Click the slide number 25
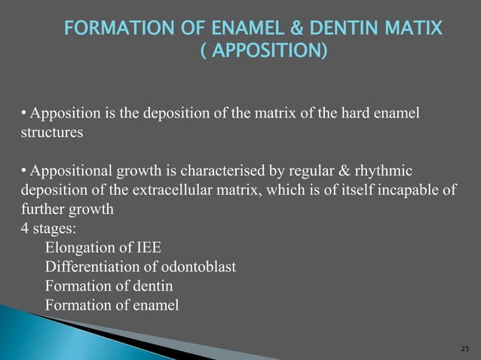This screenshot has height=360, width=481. point(464,349)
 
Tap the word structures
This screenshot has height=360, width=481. point(53,132)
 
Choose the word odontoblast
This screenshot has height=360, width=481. point(198,267)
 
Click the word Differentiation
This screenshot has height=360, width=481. point(91,267)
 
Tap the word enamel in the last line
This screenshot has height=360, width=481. point(155,305)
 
